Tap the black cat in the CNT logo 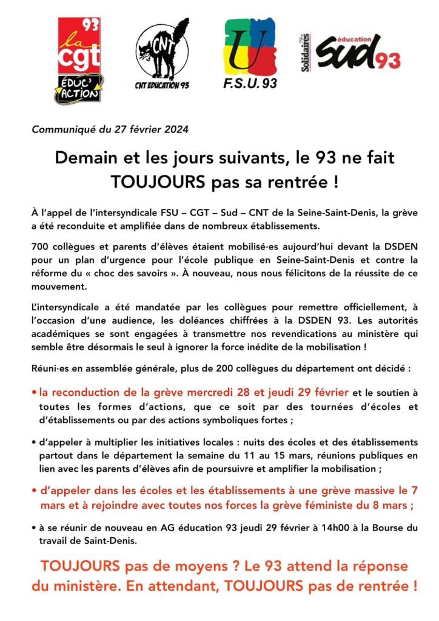point(162,51)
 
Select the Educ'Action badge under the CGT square point(79,89)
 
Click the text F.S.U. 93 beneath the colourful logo point(250,84)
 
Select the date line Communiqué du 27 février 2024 point(110,129)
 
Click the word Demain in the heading point(84,158)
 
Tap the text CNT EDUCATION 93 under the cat point(162,86)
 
